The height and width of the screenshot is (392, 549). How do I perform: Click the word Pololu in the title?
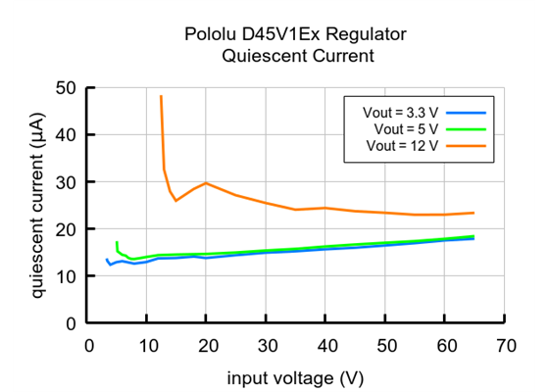click(x=210, y=35)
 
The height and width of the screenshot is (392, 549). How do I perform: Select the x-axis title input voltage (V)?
click(x=296, y=377)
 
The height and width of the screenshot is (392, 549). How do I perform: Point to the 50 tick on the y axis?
click(x=67, y=88)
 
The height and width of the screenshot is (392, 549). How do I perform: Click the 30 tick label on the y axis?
click(x=67, y=182)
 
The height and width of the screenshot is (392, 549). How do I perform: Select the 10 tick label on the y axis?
click(x=67, y=276)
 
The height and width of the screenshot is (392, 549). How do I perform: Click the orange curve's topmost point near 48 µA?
click(x=161, y=96)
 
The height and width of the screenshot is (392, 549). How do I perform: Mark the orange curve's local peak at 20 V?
click(x=206, y=183)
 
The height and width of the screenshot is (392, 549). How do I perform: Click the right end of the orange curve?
click(x=474, y=213)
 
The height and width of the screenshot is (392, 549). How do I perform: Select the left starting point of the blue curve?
click(x=106, y=260)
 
